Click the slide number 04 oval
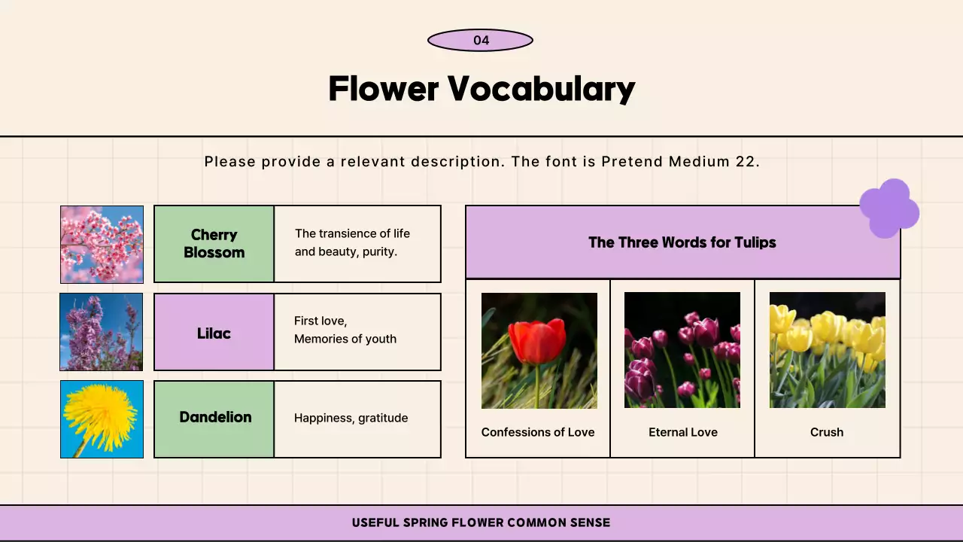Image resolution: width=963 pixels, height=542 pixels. (x=480, y=41)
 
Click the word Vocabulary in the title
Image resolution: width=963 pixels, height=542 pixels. (x=542, y=89)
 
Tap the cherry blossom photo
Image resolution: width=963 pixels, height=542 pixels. (x=102, y=244)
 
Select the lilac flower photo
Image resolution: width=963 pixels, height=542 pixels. (x=102, y=332)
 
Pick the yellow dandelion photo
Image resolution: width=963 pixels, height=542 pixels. (x=102, y=419)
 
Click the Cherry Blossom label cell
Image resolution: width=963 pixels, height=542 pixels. (x=214, y=244)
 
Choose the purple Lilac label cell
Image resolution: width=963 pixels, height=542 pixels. (x=214, y=333)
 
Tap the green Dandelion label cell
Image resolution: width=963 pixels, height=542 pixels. (x=214, y=418)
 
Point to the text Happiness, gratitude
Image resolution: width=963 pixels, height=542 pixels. (x=351, y=418)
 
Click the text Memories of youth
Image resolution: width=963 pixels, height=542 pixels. (x=345, y=339)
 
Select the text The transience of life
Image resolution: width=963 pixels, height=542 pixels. (x=352, y=233)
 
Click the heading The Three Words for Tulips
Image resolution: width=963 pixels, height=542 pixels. (x=682, y=242)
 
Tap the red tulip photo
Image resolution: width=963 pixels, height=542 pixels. (x=539, y=351)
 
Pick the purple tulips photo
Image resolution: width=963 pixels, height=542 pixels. (x=682, y=351)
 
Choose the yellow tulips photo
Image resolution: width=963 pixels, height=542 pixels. (x=827, y=351)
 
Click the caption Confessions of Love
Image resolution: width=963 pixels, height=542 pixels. (x=538, y=432)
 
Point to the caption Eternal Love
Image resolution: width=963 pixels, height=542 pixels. (x=683, y=432)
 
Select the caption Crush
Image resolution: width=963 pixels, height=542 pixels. (x=827, y=432)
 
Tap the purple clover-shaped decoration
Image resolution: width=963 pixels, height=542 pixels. (x=889, y=209)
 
